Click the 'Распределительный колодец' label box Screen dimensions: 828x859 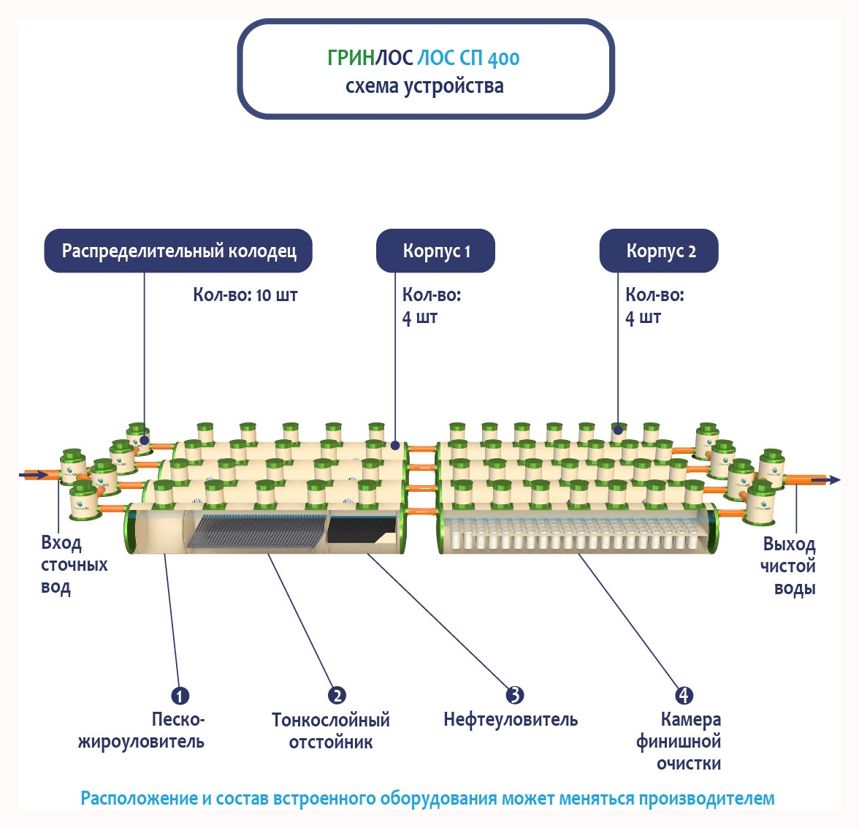[x=179, y=251]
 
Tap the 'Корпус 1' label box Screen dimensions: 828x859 [x=436, y=251]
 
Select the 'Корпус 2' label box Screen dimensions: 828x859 [x=660, y=251]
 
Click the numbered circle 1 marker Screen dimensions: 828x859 [x=180, y=696]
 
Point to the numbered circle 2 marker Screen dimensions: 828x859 [x=336, y=695]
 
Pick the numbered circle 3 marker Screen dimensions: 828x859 [x=514, y=695]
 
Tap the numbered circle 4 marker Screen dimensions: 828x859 [x=683, y=695]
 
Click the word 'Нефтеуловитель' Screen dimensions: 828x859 [x=511, y=720]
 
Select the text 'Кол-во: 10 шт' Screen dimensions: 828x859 [x=245, y=295]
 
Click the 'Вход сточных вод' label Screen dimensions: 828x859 [x=73, y=565]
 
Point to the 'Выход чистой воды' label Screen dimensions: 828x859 [x=788, y=566]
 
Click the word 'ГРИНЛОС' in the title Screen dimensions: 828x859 [x=370, y=58]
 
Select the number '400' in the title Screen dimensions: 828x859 [x=503, y=58]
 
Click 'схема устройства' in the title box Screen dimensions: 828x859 [x=424, y=86]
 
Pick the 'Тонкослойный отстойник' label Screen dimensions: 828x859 [x=331, y=731]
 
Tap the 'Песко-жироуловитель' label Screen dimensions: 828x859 [x=142, y=731]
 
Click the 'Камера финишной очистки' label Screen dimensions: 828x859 [x=679, y=742]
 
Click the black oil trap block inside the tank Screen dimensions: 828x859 [x=361, y=528]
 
